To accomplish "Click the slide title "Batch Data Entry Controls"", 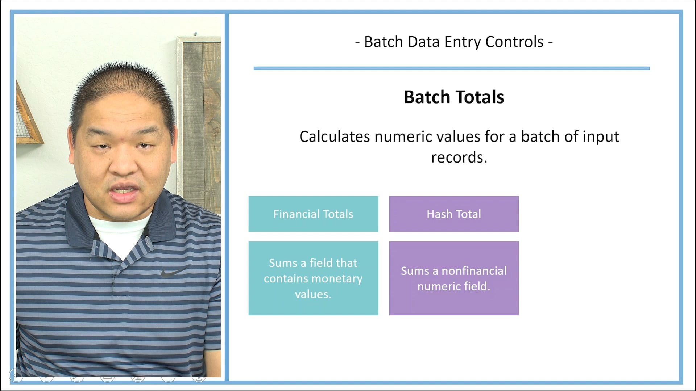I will pos(453,42).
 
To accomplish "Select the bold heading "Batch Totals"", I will pos(454,97).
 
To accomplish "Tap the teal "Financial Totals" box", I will pos(313,214).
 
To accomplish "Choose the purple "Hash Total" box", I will pos(454,214).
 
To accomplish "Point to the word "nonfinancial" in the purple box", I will pos(474,271).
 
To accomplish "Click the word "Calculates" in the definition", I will pos(335,137).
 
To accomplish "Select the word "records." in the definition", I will pos(459,157).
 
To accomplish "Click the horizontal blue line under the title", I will pos(451,68).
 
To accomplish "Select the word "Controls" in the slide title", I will pos(514,42).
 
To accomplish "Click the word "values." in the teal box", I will pos(313,294).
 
